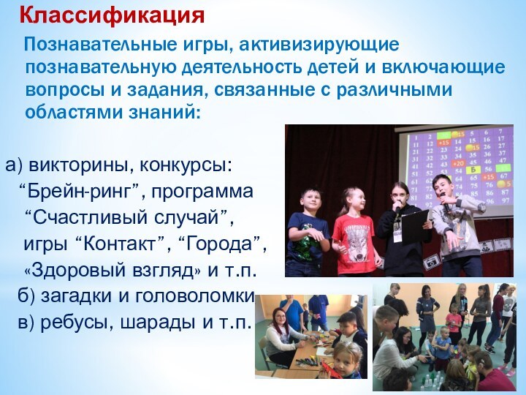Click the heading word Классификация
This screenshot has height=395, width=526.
(x=112, y=14)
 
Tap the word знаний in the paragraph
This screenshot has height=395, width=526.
(x=160, y=114)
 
